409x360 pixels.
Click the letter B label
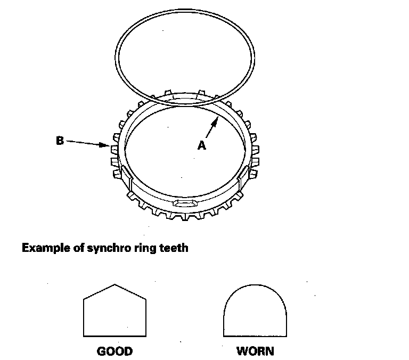pos(60,141)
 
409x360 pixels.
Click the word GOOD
pos(114,351)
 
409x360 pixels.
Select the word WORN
pos(255,351)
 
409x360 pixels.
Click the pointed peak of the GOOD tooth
pos(115,285)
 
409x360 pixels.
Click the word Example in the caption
pos(44,248)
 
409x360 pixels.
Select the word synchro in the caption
pos(103,248)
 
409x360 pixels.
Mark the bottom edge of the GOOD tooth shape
pos(115,336)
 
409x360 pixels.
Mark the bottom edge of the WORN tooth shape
pos(255,336)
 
